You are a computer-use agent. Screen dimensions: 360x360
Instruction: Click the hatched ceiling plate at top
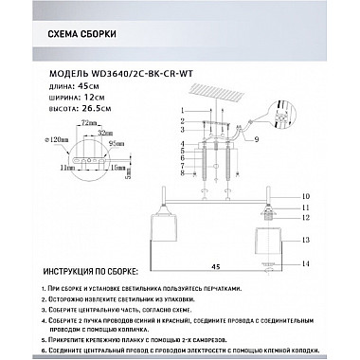213,98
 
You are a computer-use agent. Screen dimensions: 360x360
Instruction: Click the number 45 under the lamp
216,266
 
